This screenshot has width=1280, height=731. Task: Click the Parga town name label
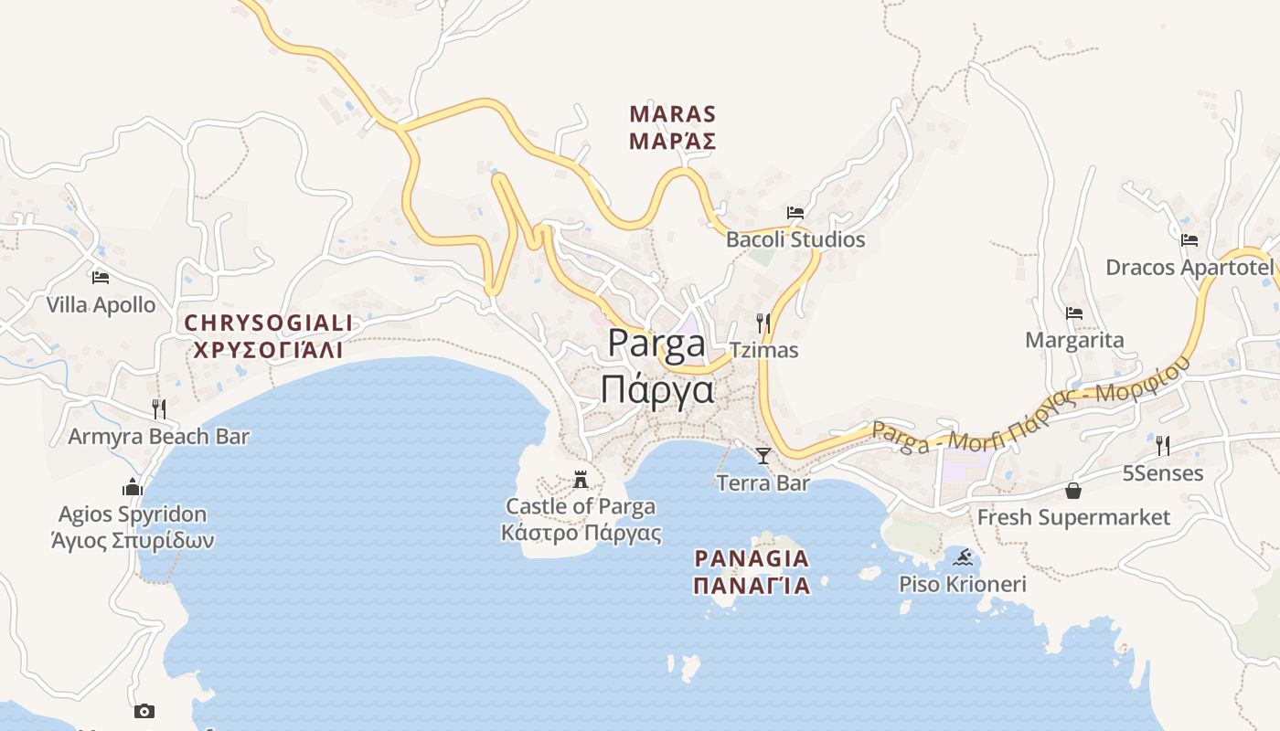point(656,344)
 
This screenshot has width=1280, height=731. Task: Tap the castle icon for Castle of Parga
point(581,480)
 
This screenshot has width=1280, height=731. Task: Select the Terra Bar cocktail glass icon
point(763,455)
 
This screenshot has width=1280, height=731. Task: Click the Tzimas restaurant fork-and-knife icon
point(763,323)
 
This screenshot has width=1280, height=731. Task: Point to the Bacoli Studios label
point(795,239)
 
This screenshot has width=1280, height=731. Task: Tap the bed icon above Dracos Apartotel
point(1189,240)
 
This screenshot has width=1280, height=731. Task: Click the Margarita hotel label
point(1074,340)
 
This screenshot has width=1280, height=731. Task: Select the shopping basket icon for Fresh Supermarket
point(1073,492)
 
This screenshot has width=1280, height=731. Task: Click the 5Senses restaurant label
point(1162,473)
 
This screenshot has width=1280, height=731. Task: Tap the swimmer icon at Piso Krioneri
point(962,557)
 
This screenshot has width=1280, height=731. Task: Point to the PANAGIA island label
point(752,558)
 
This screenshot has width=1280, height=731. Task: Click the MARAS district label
point(673,115)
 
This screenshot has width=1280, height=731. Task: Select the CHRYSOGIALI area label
point(268,323)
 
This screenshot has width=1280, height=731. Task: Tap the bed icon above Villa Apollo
point(101,278)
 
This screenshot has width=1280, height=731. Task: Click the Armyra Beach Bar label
point(158,437)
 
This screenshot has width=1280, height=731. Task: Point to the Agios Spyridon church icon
point(133,487)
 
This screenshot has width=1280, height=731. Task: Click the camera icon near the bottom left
point(144,711)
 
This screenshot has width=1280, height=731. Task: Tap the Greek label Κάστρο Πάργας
point(581,533)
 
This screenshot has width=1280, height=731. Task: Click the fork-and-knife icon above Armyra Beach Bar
point(159,408)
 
